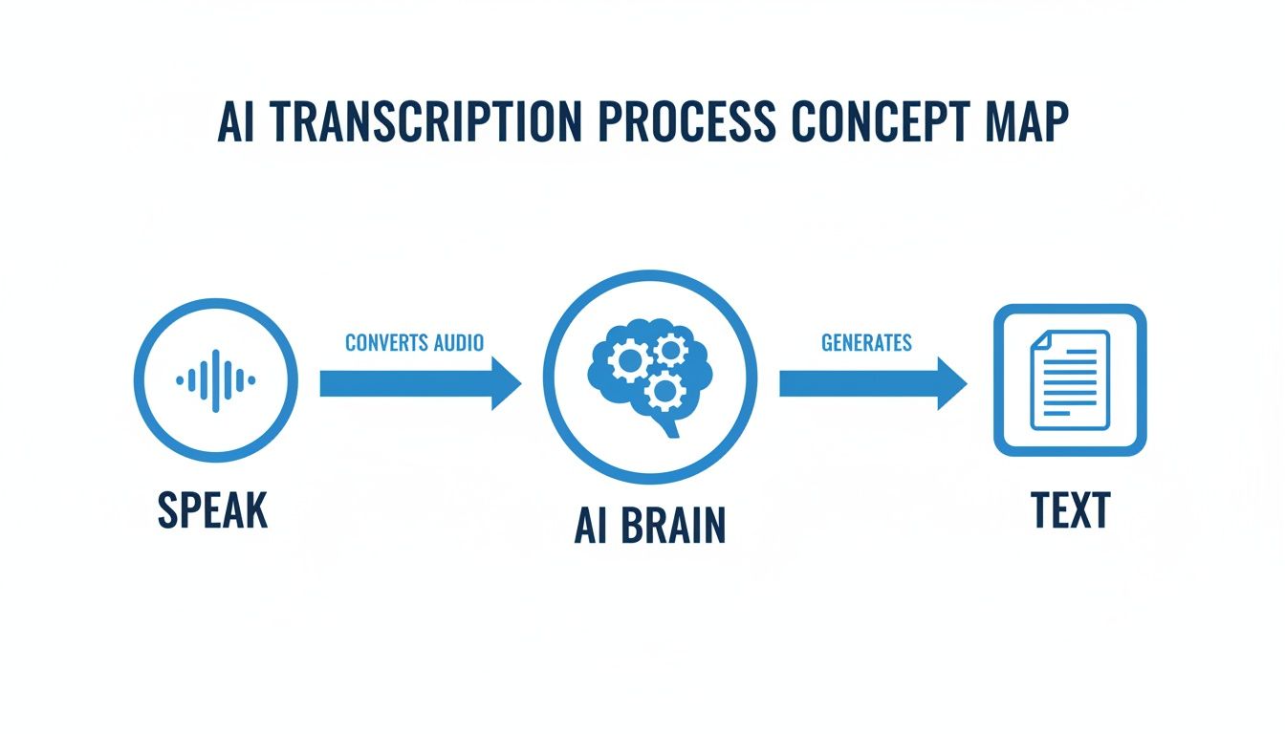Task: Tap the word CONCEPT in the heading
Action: pyautogui.click(x=879, y=122)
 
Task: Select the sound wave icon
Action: pyautogui.click(x=216, y=380)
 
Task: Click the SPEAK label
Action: pyautogui.click(x=212, y=510)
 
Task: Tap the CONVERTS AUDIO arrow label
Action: pyautogui.click(x=414, y=342)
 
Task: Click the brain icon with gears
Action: pyautogui.click(x=649, y=369)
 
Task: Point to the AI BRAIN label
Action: pyautogui.click(x=649, y=525)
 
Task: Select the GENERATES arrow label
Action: pyautogui.click(x=866, y=342)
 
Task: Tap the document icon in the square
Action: pyautogui.click(x=1069, y=379)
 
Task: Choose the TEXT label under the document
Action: pyautogui.click(x=1070, y=510)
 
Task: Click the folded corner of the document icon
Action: pyautogui.click(x=1041, y=340)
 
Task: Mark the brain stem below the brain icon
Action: pyautogui.click(x=669, y=425)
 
